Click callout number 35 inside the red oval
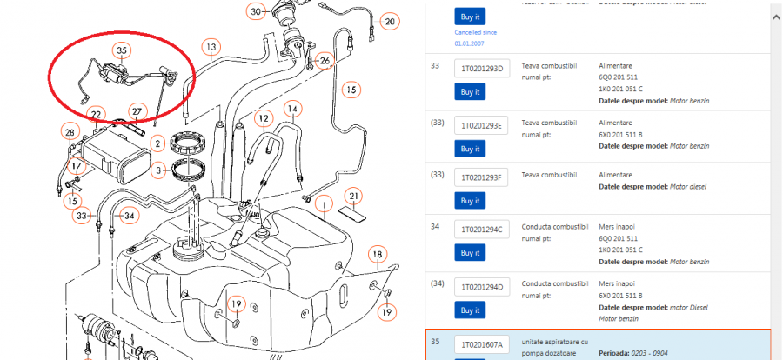coord(122,51)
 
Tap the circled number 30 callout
coord(255,11)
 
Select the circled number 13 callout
coord(211,46)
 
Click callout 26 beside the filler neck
coord(325,61)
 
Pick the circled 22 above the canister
coord(97,115)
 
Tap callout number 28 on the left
coord(70,131)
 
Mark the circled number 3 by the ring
coord(157,170)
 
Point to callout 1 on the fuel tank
coord(324,205)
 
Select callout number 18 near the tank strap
coord(377,255)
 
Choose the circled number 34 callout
coord(128,215)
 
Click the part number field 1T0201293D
coord(480,69)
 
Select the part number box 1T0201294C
coord(480,230)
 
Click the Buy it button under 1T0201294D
coord(470,310)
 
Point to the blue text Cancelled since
coord(475,32)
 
